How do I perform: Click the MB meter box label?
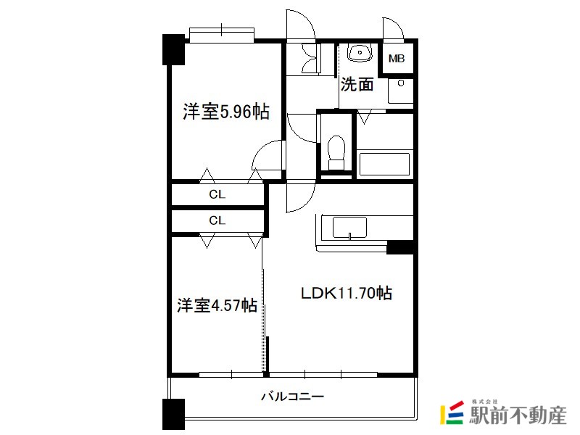pos(397,59)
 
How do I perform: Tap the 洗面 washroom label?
pos(357,84)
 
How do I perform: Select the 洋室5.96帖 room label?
pos(226,111)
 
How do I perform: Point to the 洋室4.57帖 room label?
pos(217,305)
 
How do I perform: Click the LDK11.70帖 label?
pos(347,293)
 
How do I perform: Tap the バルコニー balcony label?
pos(293,397)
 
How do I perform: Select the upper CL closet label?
pos(217,194)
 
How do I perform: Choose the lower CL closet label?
pos(217,220)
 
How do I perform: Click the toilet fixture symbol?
pos(336,152)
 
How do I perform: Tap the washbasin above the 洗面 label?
pos(359,52)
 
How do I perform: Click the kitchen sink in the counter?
pos(349,228)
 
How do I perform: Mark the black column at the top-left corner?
pos(173,49)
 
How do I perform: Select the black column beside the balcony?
pos(173,414)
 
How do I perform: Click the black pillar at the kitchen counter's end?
pos(400,247)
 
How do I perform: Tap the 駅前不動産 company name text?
pos(518,415)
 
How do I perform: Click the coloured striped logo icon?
pos(452,413)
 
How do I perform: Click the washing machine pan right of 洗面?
pos(401,91)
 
